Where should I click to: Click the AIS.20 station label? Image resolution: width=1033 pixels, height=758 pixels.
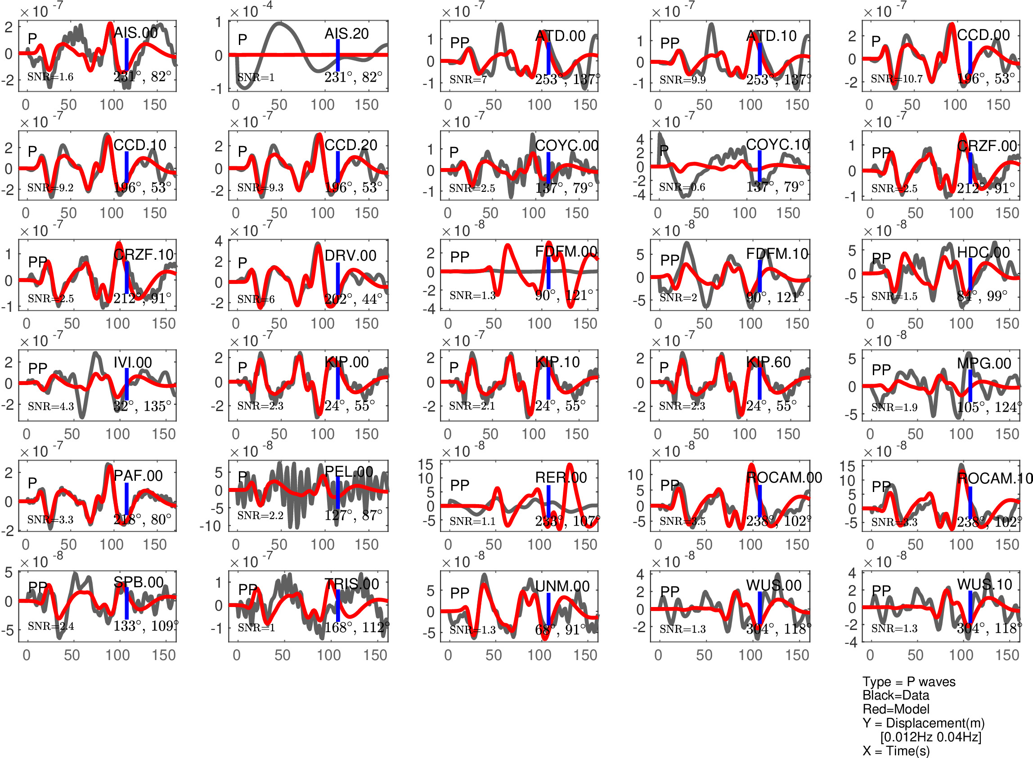coord(346,34)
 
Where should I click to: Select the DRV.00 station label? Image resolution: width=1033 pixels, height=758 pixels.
coord(350,255)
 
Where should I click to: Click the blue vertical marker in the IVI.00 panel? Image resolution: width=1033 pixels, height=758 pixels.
coord(126,384)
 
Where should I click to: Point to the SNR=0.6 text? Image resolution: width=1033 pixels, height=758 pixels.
coord(682,187)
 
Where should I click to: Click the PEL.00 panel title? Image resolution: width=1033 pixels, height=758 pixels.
coord(349,471)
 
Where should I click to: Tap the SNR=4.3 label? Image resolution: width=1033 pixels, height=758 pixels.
coord(50,406)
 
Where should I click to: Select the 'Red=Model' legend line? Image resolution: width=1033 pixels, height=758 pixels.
coord(895,709)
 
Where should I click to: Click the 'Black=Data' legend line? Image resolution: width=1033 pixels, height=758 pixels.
coord(896,695)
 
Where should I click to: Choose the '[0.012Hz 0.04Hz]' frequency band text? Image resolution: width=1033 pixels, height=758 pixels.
coord(930,737)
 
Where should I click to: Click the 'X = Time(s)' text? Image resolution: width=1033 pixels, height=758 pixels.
coord(896,751)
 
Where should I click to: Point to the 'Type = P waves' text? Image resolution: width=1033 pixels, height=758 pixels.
coord(908,681)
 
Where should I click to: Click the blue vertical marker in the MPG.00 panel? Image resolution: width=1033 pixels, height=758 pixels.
coord(970,385)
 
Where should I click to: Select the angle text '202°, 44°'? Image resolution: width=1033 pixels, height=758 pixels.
coord(353,299)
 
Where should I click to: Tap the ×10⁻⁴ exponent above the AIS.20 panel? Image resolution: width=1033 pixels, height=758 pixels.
coord(251,10)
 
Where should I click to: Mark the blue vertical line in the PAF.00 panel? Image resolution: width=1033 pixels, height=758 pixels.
coord(126,498)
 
